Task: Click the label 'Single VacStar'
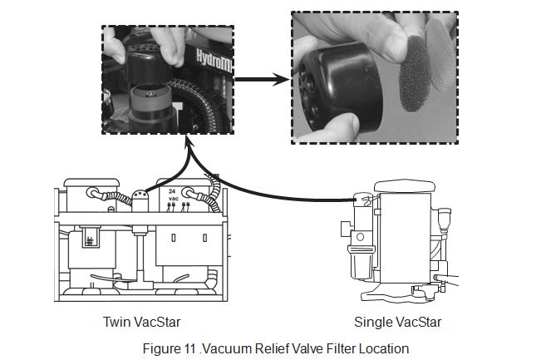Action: tap(397, 321)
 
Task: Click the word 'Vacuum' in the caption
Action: tap(224, 348)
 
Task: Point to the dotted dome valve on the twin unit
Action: tap(137, 198)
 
